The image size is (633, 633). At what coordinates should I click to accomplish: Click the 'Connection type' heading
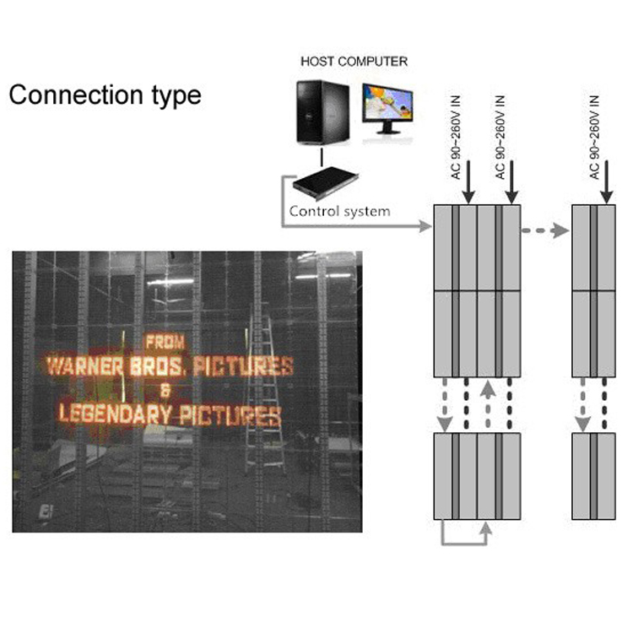(105, 95)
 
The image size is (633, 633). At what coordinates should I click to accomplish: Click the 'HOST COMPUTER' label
(354, 62)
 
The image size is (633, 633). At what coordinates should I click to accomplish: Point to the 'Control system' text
(339, 211)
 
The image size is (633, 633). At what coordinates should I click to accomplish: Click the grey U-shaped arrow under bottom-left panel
(463, 534)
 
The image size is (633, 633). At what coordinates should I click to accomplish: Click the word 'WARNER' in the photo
(87, 366)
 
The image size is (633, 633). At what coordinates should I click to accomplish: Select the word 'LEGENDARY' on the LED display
(106, 415)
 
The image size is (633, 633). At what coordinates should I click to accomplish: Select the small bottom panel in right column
(594, 476)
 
